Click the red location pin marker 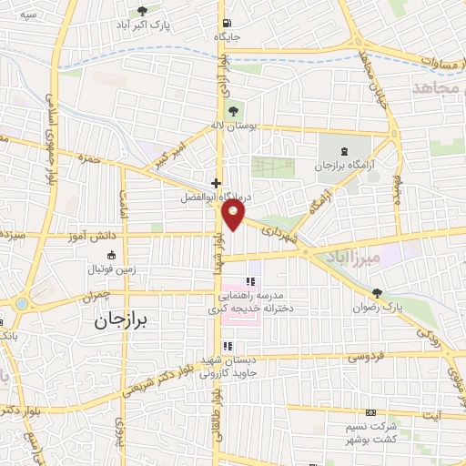click(234, 215)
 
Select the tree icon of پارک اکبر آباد click(141, 11)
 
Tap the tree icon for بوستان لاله click(234, 112)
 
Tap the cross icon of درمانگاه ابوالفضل click(215, 183)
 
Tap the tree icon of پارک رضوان click(377, 293)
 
